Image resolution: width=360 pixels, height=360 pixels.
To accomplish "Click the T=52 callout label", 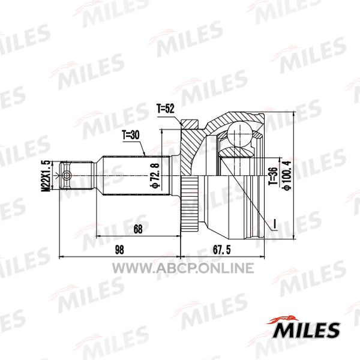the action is [x=166, y=109].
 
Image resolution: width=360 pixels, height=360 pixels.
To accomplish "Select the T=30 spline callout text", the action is [x=131, y=135].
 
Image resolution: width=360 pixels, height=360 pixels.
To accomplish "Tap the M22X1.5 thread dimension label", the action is [x=46, y=176].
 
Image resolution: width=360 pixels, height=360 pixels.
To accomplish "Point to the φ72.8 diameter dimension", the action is [x=155, y=175].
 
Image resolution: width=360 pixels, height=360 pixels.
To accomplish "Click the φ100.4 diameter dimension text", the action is [x=287, y=175].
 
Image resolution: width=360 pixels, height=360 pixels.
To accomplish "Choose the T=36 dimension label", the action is [x=273, y=176].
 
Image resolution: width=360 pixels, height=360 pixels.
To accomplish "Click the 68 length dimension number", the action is [x=138, y=229].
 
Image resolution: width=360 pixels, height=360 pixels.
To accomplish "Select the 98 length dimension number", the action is [x=119, y=250].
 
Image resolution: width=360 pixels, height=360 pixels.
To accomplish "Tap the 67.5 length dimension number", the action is [x=222, y=250].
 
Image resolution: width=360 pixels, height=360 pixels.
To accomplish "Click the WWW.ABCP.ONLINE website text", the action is [x=183, y=268].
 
